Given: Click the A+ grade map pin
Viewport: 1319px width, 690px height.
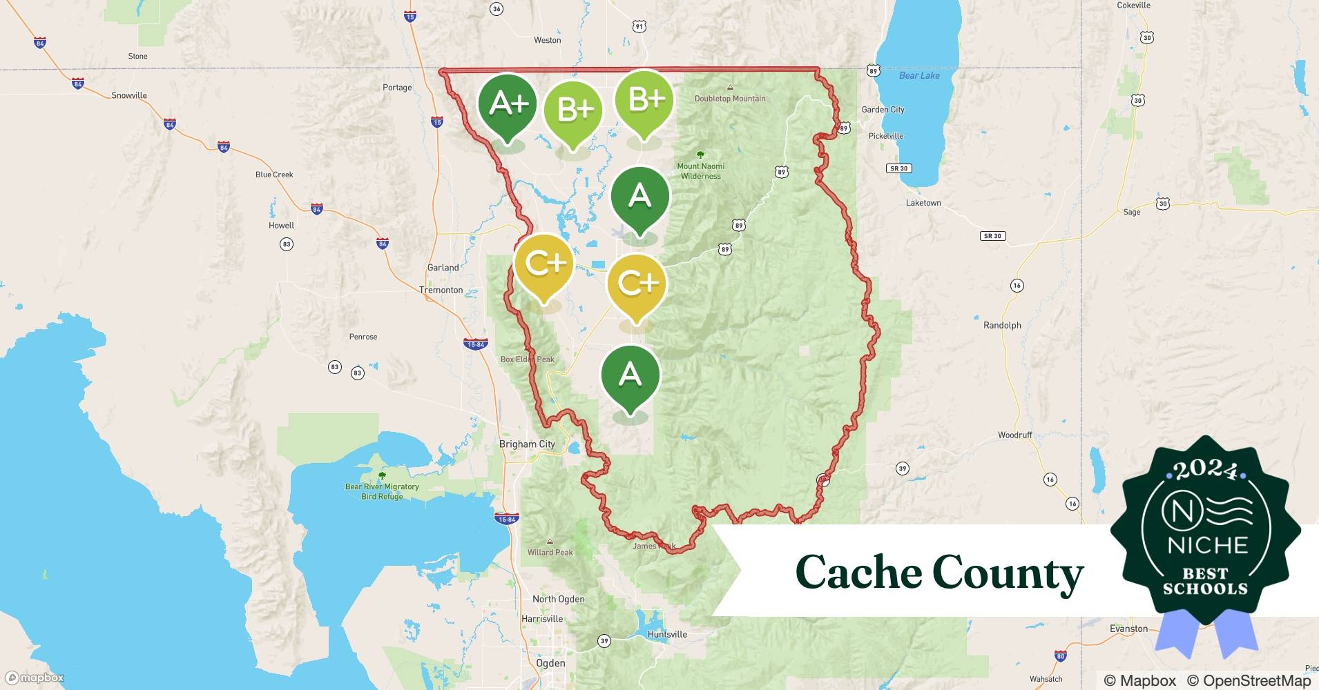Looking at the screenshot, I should coord(508,105).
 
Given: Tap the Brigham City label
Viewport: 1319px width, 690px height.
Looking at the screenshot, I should coord(526,444).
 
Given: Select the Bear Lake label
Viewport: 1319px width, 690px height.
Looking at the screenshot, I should coord(918,76).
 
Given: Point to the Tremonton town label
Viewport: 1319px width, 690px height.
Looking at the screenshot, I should coord(441,290).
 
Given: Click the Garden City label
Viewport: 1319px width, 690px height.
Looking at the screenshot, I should coord(883,110).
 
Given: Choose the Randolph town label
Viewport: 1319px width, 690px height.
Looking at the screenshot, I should coord(1001,325).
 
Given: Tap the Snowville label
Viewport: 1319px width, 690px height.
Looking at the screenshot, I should coord(129,95).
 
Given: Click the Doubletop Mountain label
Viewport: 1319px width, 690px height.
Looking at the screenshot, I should coord(729,99).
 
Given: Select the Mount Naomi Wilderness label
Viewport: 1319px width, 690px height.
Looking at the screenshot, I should coord(700,170).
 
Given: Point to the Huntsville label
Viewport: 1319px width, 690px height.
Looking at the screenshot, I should coord(667,634).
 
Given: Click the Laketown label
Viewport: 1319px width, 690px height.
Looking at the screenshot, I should coord(923,203).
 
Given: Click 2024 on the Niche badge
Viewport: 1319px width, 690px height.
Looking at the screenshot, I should coord(1206,470).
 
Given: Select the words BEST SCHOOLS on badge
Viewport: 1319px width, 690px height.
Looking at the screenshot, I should coord(1205,582).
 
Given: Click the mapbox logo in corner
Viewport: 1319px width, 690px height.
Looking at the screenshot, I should coord(35,678).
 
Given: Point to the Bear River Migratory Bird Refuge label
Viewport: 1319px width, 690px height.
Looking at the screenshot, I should coord(382,491).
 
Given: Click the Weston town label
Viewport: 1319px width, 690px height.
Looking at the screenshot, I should coord(547,40).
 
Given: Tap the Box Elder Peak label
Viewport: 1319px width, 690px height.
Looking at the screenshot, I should coord(527,359).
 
